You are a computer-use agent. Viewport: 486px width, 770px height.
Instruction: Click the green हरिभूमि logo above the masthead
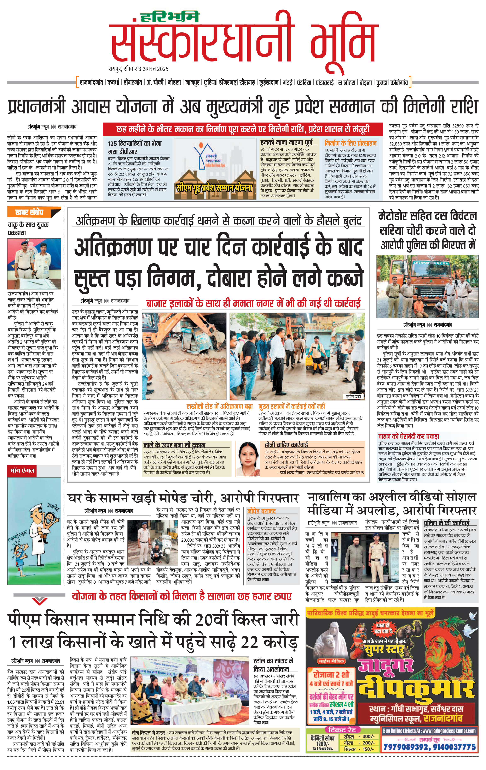[170, 17]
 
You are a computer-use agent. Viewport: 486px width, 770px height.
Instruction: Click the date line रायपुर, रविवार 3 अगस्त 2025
[138, 69]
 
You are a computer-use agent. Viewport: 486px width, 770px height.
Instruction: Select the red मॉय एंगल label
[22, 470]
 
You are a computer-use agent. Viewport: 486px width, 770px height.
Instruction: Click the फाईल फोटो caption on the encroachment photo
[353, 396]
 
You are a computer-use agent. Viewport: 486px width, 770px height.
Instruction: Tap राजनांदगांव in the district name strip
[91, 83]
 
